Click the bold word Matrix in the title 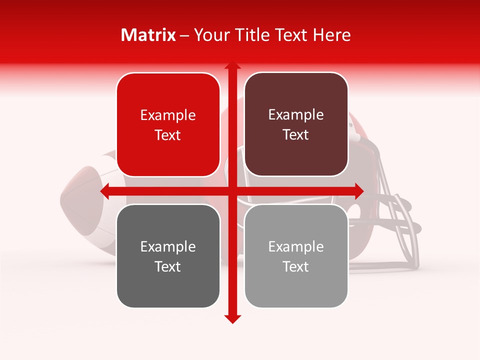tap(148, 35)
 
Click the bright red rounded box tap(168, 124)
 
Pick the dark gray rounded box tap(168, 256)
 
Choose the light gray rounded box tap(296, 256)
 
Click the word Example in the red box tap(168, 115)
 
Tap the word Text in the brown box tap(296, 134)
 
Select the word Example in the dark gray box tap(168, 247)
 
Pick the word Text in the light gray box tap(296, 266)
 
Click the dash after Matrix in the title tap(184, 35)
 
